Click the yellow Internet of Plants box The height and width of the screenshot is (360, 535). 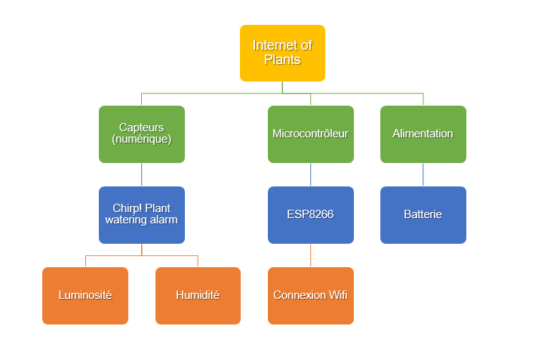coord(282,53)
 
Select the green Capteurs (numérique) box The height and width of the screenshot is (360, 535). coord(141,134)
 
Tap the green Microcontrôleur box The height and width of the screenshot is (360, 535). coord(310,134)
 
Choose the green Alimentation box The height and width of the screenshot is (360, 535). coord(423,134)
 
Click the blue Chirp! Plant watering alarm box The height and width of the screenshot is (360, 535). coord(141,214)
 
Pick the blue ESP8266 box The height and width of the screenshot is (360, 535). coord(310,214)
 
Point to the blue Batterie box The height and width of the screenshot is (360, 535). coord(423,214)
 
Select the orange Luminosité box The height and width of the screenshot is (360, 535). coord(85,295)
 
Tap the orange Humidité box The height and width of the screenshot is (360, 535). coord(198,295)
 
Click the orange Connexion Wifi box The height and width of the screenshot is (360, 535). coord(310,295)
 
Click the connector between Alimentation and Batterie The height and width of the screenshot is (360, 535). coord(423,174)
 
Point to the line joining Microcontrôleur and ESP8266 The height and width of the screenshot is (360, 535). coord(310,174)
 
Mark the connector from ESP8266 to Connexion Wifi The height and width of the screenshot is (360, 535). coord(310,255)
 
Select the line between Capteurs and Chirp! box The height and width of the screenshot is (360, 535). coord(141,174)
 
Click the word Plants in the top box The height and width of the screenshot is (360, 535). coord(282,60)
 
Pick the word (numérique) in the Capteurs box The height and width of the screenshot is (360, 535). coord(141,140)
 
